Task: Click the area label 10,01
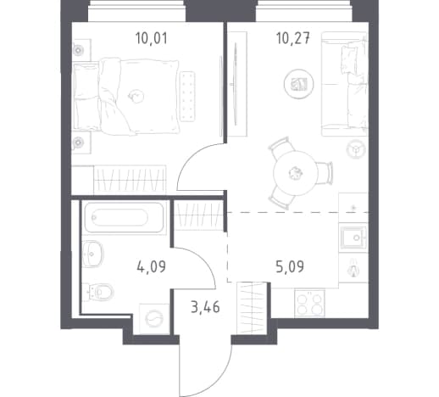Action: click(x=152, y=38)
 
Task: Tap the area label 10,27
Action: click(x=293, y=38)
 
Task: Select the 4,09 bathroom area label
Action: click(x=151, y=266)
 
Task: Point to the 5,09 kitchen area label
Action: click(x=290, y=266)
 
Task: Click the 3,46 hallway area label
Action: click(x=205, y=307)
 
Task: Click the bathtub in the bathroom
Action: click(x=125, y=217)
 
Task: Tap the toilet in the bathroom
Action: click(x=98, y=291)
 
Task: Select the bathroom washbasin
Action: click(x=92, y=254)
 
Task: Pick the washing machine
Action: click(x=154, y=319)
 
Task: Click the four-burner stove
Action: click(x=309, y=303)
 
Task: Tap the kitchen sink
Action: click(x=353, y=238)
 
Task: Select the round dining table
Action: click(x=296, y=173)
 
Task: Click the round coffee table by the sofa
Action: click(x=299, y=84)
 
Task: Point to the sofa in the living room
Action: click(x=344, y=84)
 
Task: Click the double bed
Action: click(x=126, y=97)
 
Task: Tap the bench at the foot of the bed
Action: click(x=187, y=97)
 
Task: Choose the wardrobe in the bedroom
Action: click(x=130, y=180)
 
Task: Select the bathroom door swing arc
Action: click(x=203, y=260)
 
